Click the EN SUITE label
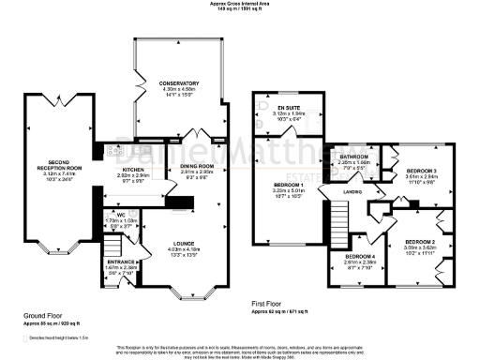pos(288,108)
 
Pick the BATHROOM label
pos(353,157)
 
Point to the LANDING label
pos(353,193)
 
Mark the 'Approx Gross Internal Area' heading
pos(239,5)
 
